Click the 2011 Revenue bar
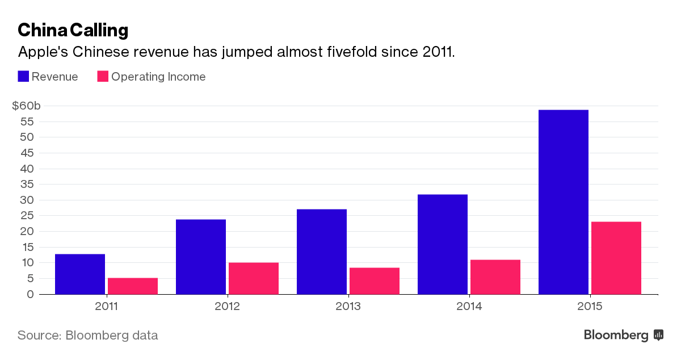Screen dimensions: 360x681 click(x=80, y=274)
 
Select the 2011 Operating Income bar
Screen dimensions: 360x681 click(x=133, y=286)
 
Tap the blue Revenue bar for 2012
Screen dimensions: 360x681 click(x=201, y=257)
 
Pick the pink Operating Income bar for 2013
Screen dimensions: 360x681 click(x=375, y=281)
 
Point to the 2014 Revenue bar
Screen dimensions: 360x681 click(x=443, y=244)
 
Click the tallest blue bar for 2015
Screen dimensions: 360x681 click(x=564, y=202)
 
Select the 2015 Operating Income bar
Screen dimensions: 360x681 click(x=616, y=258)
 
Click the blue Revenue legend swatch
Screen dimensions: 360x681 click(x=23, y=76)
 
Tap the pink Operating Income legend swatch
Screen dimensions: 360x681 click(x=103, y=76)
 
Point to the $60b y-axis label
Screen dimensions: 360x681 click(x=27, y=106)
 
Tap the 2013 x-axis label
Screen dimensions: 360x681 click(x=348, y=307)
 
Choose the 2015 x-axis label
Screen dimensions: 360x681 click(x=590, y=307)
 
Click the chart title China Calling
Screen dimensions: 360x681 click(x=73, y=30)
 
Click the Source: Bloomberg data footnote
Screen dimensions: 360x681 click(x=87, y=335)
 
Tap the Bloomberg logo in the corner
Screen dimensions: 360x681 click(x=623, y=335)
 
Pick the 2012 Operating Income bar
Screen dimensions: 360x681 click(x=254, y=278)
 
